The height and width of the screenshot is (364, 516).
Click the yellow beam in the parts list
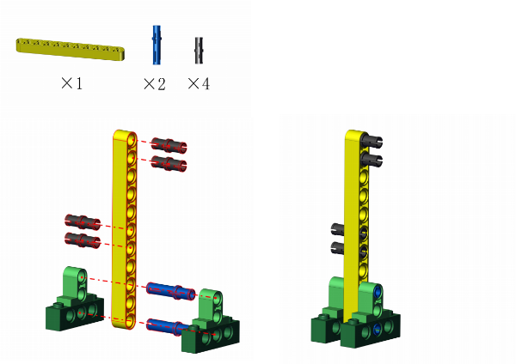coord(71,49)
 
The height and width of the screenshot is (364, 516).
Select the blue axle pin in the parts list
coord(157,45)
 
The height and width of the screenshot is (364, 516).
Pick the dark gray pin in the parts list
coord(199,51)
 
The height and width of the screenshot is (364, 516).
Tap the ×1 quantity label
coord(71,83)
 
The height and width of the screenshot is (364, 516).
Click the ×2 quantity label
coord(154,84)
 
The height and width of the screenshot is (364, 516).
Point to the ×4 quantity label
coord(199,83)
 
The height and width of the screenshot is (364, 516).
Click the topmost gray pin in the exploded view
coord(169,145)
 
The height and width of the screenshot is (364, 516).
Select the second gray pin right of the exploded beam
coord(169,164)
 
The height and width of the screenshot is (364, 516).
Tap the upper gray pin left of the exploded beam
coord(83,222)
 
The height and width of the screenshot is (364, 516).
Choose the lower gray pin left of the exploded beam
coord(83,240)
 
